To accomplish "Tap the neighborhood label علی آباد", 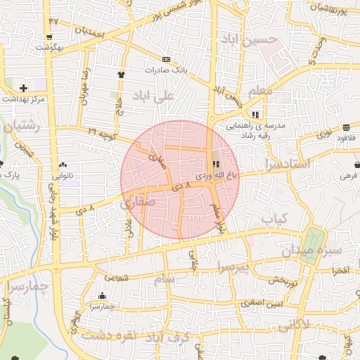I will pos(157,96).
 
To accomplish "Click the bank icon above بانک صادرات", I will pos(166,59).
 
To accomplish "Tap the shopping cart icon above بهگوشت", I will pos(49,37).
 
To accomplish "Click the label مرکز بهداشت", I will pos(24,99).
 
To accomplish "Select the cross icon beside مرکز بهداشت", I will pos(24,88).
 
